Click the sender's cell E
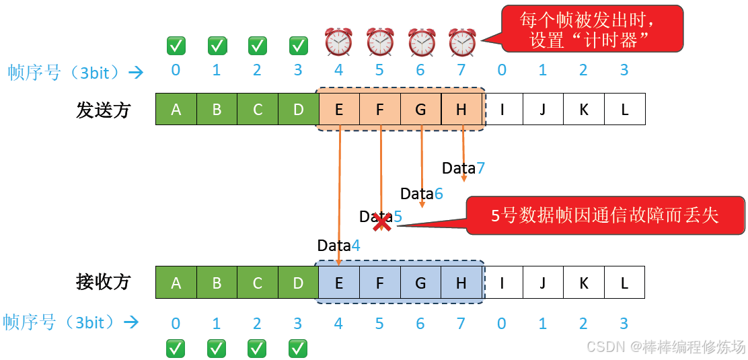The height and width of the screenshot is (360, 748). (x=339, y=109)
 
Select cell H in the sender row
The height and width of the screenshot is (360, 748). (x=461, y=109)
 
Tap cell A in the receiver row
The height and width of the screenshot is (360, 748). (x=176, y=283)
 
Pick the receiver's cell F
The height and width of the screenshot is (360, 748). (x=379, y=283)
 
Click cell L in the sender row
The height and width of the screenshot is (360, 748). (x=625, y=109)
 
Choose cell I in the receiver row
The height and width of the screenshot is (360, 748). (x=502, y=283)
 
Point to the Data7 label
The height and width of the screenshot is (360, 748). (x=463, y=168)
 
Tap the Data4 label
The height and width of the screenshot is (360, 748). (x=338, y=246)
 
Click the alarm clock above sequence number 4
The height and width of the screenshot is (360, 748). (x=339, y=42)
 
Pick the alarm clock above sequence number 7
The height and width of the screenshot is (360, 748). (x=462, y=42)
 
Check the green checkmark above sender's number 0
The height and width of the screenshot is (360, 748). (x=176, y=46)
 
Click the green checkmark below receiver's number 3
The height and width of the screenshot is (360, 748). (x=298, y=348)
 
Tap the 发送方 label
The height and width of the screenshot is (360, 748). (x=103, y=110)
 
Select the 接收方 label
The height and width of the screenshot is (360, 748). (x=103, y=282)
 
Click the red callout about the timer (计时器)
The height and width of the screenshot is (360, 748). (x=592, y=29)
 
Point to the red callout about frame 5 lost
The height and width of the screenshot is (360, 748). (x=605, y=215)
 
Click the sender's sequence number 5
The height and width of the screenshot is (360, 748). (x=379, y=70)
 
